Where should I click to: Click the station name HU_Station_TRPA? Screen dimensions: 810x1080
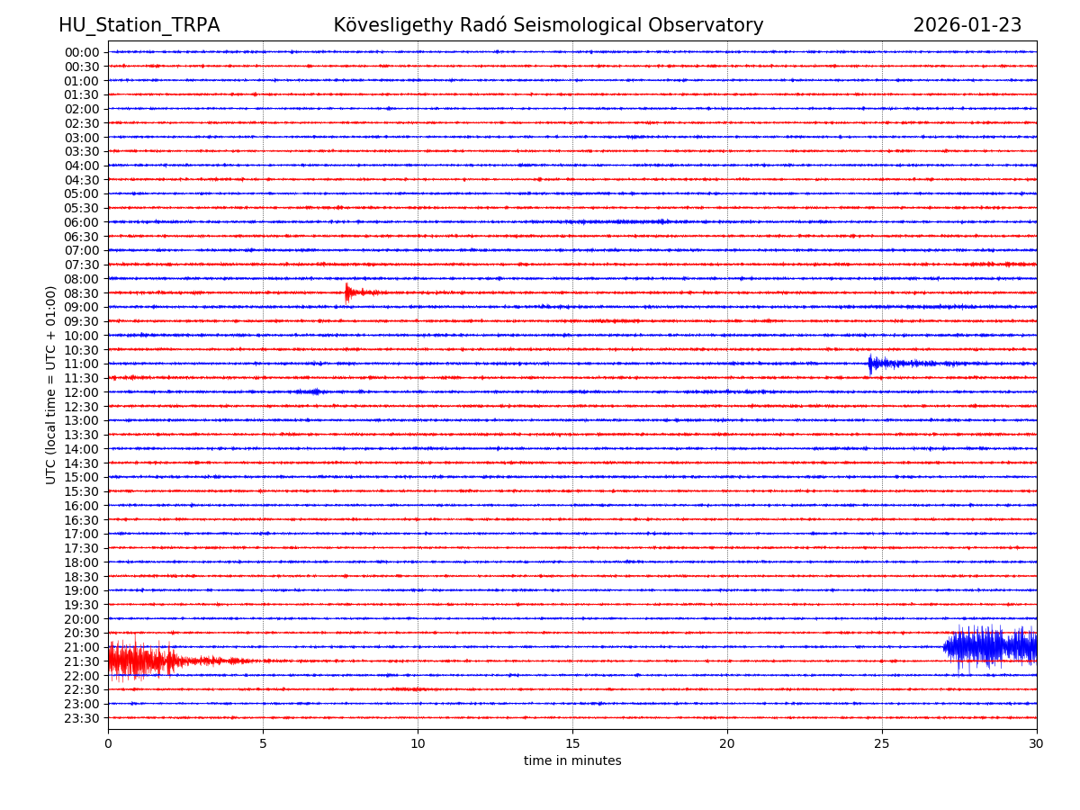click(139, 25)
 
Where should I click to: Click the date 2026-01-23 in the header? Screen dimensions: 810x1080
click(967, 25)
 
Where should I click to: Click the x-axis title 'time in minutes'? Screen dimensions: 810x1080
click(572, 761)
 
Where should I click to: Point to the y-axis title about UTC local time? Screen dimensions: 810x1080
click(51, 384)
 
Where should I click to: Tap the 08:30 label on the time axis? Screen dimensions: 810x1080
click(82, 293)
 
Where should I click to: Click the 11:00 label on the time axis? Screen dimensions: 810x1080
click(82, 364)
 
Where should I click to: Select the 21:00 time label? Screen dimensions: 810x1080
click(82, 647)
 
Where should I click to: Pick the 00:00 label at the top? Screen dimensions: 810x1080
click(82, 52)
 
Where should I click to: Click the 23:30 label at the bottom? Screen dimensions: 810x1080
click(82, 718)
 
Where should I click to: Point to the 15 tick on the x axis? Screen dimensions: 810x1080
click(572, 743)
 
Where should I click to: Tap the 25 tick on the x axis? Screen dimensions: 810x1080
click(882, 743)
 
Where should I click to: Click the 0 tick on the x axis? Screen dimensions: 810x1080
click(108, 743)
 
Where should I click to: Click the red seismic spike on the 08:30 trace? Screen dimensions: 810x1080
click(347, 292)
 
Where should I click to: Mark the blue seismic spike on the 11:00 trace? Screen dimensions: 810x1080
click(870, 363)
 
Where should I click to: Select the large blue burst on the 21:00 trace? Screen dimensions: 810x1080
click(988, 646)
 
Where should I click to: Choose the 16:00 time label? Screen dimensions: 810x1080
click(82, 506)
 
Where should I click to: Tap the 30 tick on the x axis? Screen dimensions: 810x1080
click(1037, 743)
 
